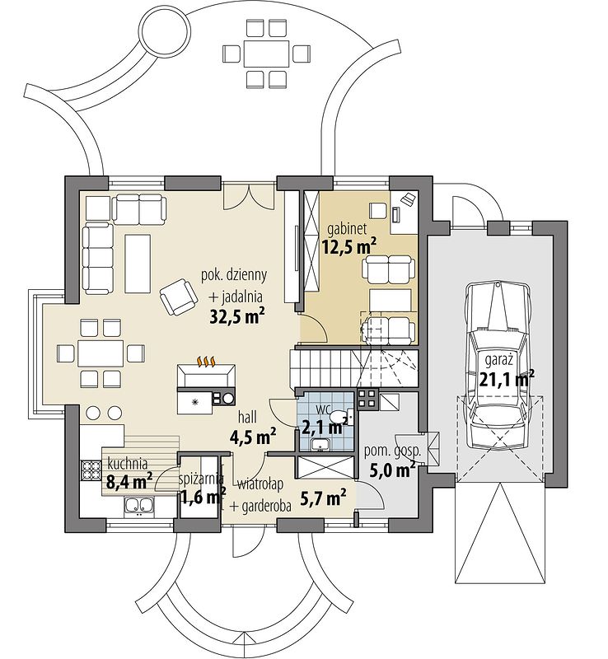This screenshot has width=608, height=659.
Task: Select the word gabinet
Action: pos(347,229)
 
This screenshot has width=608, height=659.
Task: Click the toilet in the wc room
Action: pos(339,416)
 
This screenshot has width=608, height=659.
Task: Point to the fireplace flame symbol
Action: pos(207,361)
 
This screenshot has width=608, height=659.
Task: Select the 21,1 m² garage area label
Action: pos(507,380)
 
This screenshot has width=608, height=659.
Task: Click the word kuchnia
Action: pos(128,464)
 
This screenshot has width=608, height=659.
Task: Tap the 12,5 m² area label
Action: pos(349,246)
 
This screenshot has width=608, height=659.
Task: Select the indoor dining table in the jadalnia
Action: pos(101,353)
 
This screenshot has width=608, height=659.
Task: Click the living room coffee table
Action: pos(138,264)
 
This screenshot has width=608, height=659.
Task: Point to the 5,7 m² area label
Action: pos(323,497)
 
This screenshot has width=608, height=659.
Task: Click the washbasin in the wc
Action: pos(321,444)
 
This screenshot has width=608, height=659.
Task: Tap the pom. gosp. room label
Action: pos(392,451)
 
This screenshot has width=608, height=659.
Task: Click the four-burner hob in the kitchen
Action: pos(90,470)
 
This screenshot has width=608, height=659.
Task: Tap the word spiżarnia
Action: pos(200,479)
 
